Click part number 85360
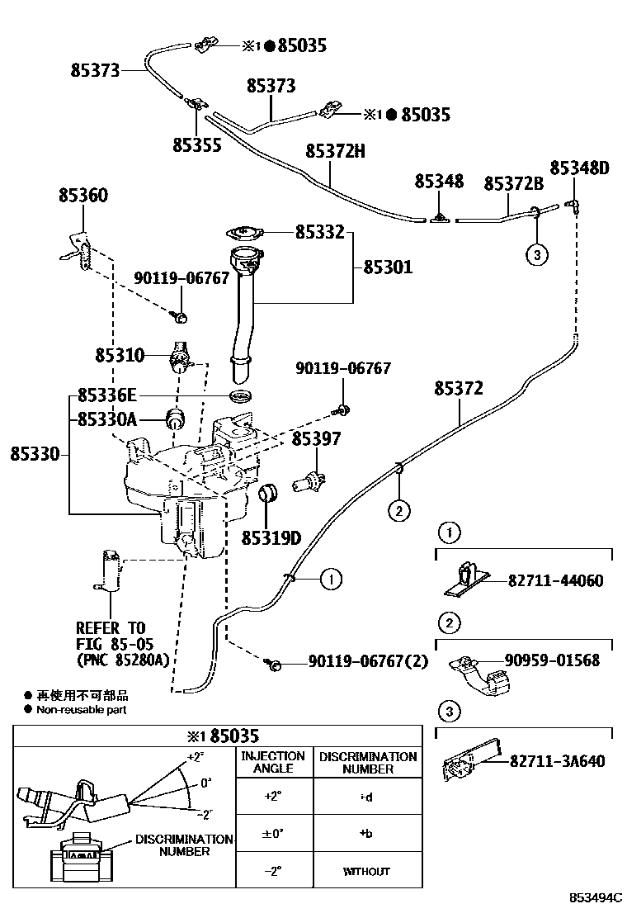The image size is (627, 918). pyautogui.click(x=82, y=196)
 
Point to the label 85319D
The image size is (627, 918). pyautogui.click(x=271, y=538)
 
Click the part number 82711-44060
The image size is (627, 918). pyautogui.click(x=556, y=581)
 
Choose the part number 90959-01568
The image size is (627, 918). pyautogui.click(x=552, y=660)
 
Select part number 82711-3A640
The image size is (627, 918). pyautogui.click(x=557, y=761)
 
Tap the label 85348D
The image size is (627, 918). pyautogui.click(x=579, y=169)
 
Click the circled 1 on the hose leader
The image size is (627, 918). pyautogui.click(x=329, y=580)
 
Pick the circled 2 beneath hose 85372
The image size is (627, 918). pyautogui.click(x=398, y=511)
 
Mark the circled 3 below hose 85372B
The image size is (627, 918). pyautogui.click(x=536, y=255)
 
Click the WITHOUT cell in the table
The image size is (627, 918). pyautogui.click(x=367, y=871)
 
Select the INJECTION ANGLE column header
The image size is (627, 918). pyautogui.click(x=272, y=762)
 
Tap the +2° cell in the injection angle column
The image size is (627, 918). pyautogui.click(x=272, y=797)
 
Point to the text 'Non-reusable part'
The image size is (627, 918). pyautogui.click(x=82, y=709)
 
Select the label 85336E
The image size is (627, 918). pyautogui.click(x=107, y=395)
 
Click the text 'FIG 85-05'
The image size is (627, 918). pyautogui.click(x=114, y=643)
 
